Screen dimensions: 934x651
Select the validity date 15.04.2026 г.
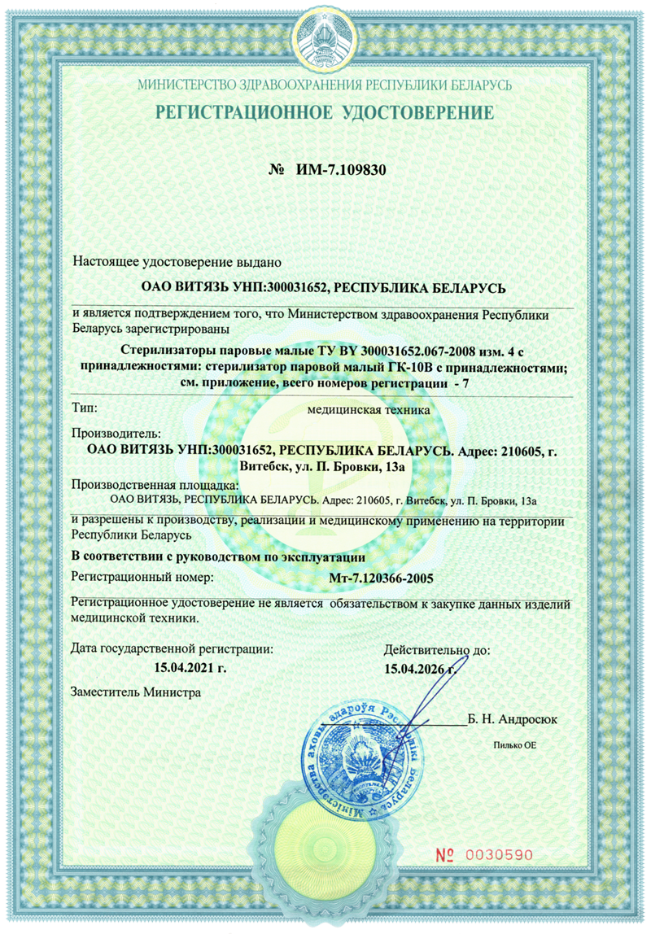(419, 669)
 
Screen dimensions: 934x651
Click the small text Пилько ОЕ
(515, 744)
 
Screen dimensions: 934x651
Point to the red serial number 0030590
(497, 855)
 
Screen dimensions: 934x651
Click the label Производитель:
(117, 435)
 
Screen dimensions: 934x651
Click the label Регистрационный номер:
(142, 578)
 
